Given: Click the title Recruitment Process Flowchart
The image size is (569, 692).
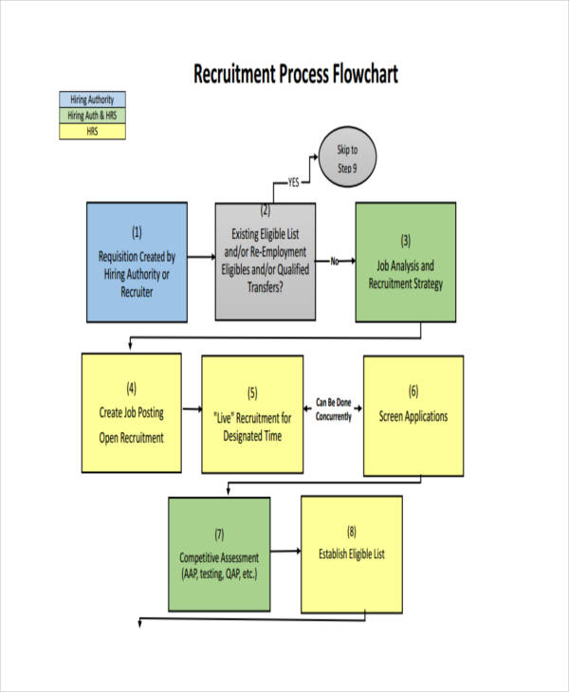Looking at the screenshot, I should pyautogui.click(x=295, y=74).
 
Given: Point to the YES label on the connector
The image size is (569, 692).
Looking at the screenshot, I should pyautogui.click(x=294, y=183).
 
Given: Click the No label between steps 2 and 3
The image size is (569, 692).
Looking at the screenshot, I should pyautogui.click(x=335, y=261).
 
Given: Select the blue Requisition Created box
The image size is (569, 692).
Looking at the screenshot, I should pyautogui.click(x=137, y=262).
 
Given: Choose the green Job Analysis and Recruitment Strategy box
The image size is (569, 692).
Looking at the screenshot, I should pyautogui.click(x=405, y=262).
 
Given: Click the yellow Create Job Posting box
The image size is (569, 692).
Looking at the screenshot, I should pyautogui.click(x=131, y=412).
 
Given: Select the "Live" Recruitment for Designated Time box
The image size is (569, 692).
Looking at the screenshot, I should pyautogui.click(x=252, y=414).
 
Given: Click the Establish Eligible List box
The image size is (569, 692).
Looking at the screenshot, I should pyautogui.click(x=352, y=554).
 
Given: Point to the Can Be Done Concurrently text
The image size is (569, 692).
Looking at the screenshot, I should pyautogui.click(x=333, y=409).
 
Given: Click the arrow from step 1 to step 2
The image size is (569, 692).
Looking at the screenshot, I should pyautogui.click(x=200, y=257).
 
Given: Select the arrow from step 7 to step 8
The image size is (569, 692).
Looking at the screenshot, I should pyautogui.click(x=284, y=549).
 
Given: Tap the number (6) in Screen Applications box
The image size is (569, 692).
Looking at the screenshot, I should pyautogui.click(x=413, y=391).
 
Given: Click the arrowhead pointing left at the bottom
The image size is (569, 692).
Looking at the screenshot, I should pyautogui.click(x=142, y=622).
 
